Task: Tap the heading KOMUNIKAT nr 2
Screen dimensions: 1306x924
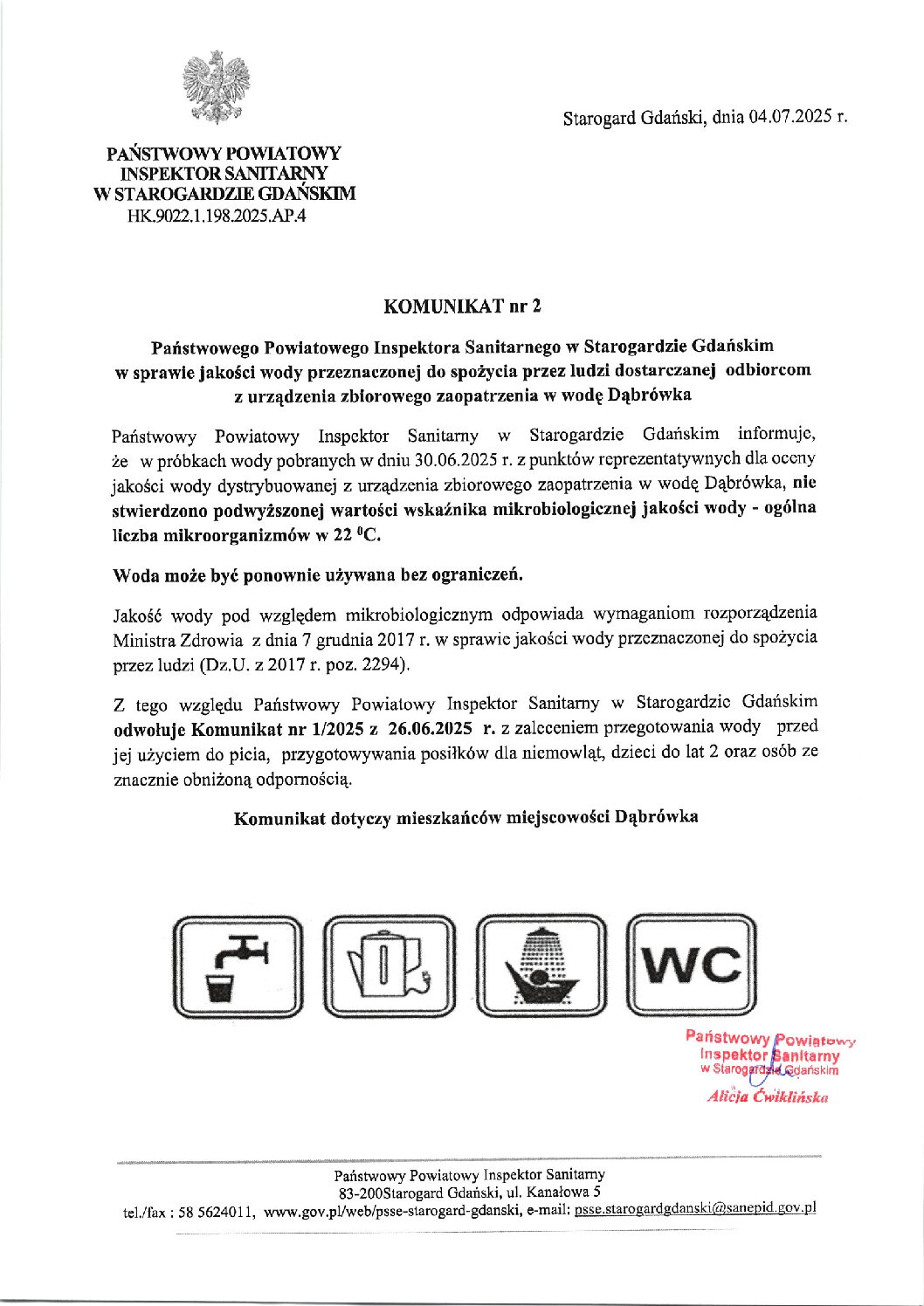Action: pyautogui.click(x=463, y=306)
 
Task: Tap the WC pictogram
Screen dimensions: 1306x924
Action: pyautogui.click(x=693, y=966)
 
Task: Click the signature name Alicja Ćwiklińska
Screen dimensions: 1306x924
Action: pyautogui.click(x=768, y=1097)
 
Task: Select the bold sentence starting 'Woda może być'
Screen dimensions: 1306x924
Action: pyautogui.click(x=319, y=575)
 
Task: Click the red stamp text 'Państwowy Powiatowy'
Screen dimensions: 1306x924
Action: pyautogui.click(x=769, y=1039)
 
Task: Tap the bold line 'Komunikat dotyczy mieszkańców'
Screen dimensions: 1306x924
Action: pyautogui.click(x=465, y=818)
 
